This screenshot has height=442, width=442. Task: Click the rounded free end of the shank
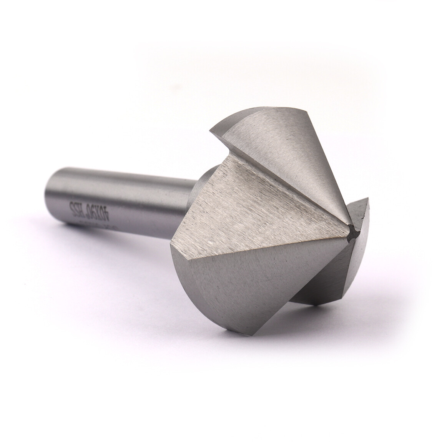tap(50, 194)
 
